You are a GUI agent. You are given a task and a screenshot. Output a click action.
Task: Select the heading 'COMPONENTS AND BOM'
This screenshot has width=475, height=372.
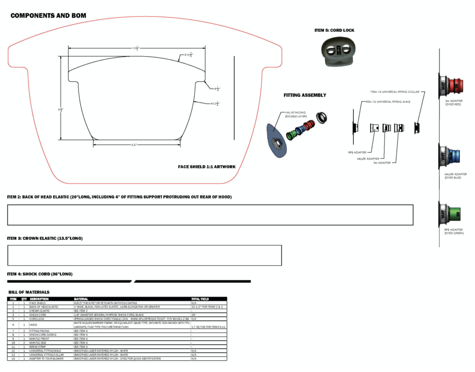click(48, 16)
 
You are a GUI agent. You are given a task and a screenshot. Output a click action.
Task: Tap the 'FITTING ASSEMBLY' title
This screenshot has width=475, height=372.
click(305, 95)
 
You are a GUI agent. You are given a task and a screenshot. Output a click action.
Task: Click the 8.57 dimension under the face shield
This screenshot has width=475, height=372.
click(134, 145)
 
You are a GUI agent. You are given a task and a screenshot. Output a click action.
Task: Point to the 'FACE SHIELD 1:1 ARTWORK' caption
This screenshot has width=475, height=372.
click(207, 167)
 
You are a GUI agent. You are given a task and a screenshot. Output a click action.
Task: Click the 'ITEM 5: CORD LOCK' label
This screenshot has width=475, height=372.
click(334, 30)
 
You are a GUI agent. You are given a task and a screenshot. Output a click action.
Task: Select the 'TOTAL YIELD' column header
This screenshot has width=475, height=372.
click(200, 299)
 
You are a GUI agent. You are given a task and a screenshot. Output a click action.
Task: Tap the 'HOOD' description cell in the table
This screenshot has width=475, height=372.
click(34, 325)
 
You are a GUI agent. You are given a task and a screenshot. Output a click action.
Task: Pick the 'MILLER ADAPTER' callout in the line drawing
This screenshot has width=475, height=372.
click(368, 159)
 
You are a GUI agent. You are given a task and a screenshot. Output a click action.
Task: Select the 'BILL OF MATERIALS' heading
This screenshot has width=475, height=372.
click(29, 292)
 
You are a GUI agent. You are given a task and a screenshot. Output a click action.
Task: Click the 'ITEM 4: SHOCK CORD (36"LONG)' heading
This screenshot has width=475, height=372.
click(40, 274)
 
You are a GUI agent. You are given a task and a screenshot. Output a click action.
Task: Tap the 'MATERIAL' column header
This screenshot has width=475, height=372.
click(82, 299)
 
